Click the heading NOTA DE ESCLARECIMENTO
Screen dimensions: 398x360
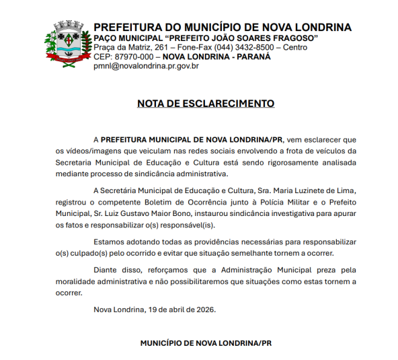point(206,104)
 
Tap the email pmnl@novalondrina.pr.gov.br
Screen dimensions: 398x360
point(146,66)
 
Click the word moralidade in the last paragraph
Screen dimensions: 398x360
point(79,281)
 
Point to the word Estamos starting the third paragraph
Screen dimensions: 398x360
point(112,241)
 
